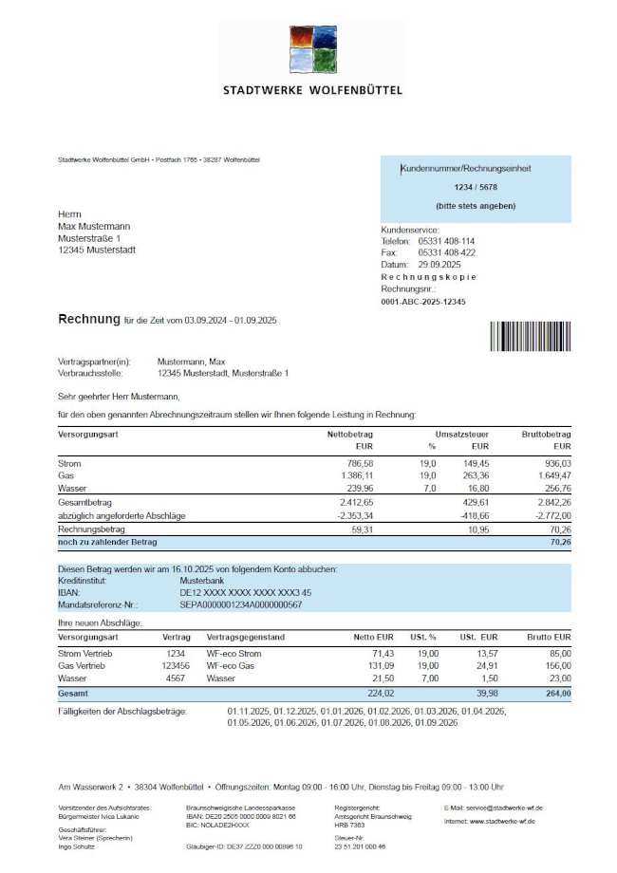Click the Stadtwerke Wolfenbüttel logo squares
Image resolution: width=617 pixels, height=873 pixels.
[x=312, y=50]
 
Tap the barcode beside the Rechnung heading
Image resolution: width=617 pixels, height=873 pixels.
[x=531, y=337]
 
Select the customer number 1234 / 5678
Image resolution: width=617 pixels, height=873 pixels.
[x=476, y=187]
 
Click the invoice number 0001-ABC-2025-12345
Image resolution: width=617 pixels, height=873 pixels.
[x=423, y=301]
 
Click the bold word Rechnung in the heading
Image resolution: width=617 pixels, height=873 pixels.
[x=88, y=320]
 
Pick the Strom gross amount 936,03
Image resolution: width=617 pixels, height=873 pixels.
[x=553, y=462]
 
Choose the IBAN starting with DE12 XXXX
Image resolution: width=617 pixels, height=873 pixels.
[x=245, y=592]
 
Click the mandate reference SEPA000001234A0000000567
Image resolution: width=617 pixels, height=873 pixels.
[x=241, y=604]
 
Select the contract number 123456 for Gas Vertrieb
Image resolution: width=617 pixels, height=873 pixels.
[x=177, y=666]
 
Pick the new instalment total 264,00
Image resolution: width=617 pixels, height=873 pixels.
[x=555, y=694]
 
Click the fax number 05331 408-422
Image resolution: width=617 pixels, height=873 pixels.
[x=447, y=253]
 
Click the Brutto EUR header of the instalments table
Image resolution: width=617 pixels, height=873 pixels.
[x=550, y=638]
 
